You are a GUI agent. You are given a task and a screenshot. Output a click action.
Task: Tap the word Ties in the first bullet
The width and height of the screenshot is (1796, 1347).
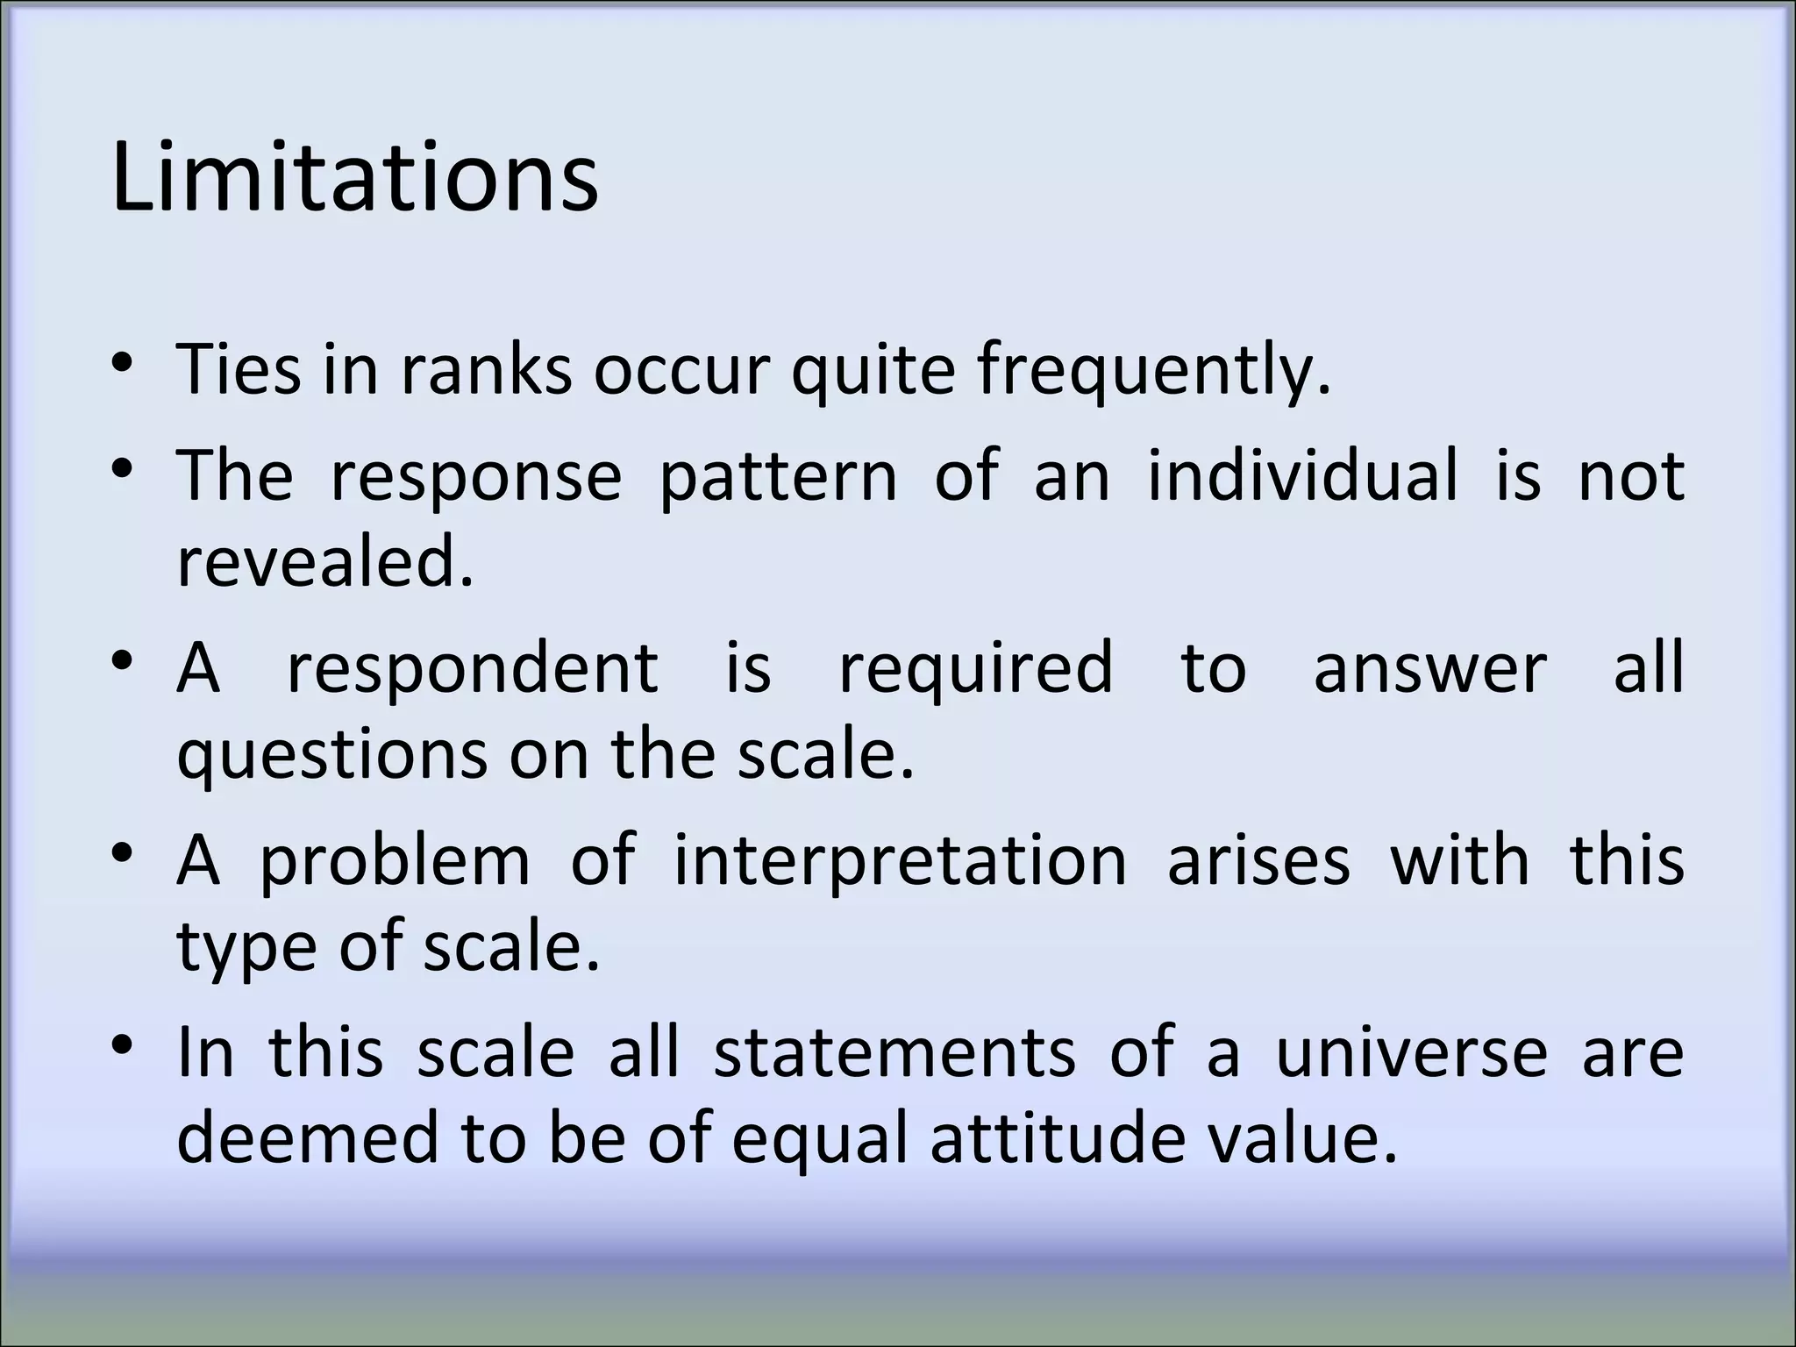tap(238, 369)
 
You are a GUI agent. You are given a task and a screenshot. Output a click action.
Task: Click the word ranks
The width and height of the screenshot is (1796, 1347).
tap(487, 369)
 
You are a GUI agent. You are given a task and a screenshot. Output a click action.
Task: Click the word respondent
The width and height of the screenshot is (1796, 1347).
tap(473, 668)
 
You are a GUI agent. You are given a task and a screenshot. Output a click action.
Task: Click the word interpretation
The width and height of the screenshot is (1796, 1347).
tap(900, 861)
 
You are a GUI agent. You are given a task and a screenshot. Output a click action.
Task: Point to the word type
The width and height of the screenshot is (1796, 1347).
tap(246, 949)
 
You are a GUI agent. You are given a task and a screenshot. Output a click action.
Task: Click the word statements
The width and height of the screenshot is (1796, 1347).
tap(894, 1052)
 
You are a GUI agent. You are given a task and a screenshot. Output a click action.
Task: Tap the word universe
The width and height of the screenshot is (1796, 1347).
tap(1411, 1052)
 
